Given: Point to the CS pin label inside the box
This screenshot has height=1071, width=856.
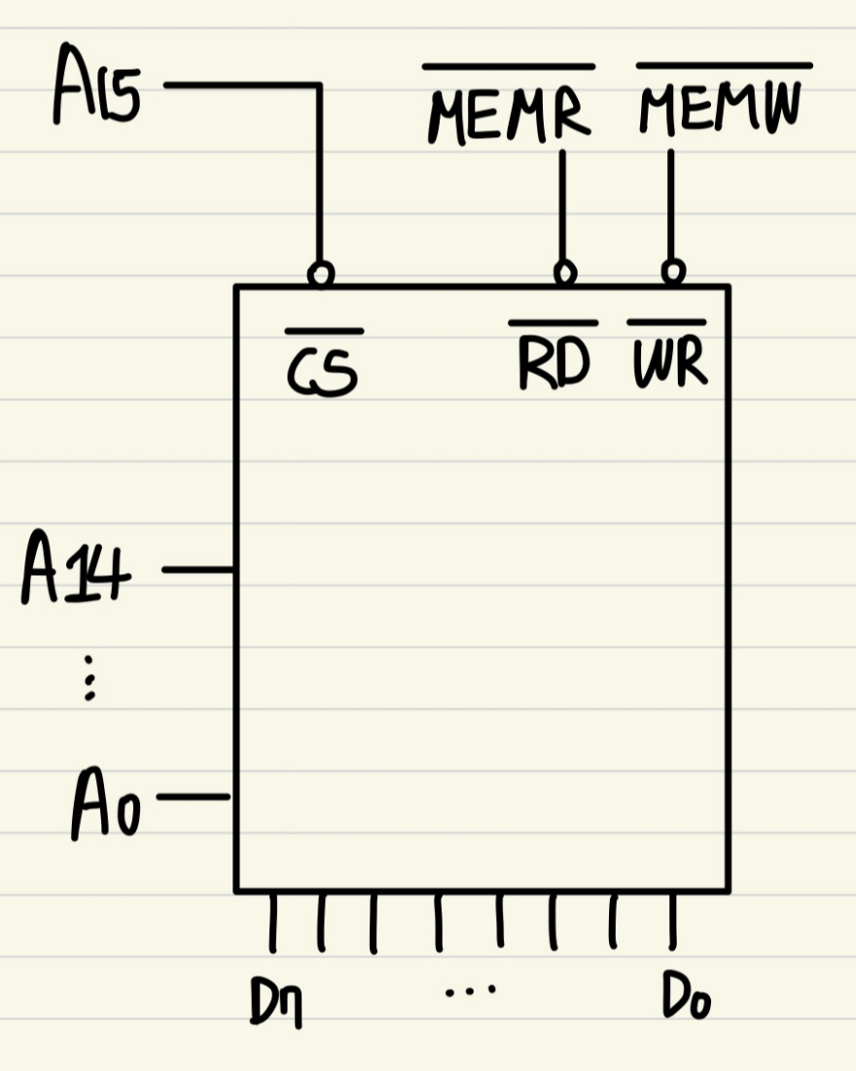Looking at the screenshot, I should (324, 368).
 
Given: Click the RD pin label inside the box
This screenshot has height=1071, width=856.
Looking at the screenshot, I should (553, 362).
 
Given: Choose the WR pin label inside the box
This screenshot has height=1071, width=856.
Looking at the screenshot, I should (669, 362).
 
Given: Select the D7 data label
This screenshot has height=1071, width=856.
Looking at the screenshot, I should (277, 1000).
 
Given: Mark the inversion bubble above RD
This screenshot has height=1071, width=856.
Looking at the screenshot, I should (564, 273).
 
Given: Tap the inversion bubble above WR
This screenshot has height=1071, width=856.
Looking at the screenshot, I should (673, 271).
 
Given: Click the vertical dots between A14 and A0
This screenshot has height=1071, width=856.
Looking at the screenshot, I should (89, 677).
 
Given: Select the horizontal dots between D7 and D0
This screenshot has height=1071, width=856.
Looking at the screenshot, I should (471, 990).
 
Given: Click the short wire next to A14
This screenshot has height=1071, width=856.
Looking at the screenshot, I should (197, 570).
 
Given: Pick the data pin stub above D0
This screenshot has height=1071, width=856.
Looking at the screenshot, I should (671, 920).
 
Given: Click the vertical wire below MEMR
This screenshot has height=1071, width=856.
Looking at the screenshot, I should (562, 204).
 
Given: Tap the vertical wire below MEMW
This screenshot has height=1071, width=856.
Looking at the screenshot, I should (670, 204).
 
